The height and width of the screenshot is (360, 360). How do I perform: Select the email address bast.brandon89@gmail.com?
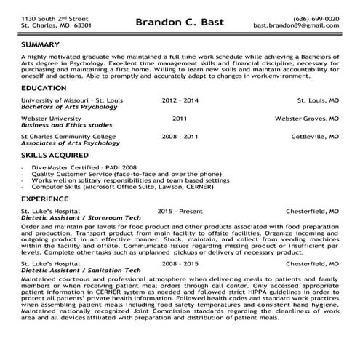pos(296,25)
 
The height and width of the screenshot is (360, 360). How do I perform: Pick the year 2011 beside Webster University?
pos(180,116)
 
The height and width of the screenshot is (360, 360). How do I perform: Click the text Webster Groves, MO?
pos(306,116)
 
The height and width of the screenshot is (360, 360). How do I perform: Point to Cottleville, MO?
pos(314,135)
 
